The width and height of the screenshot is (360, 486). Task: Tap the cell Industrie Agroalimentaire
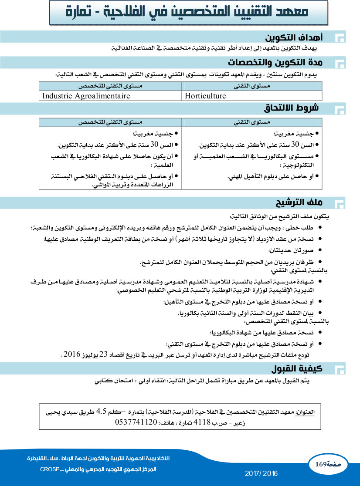[x=86, y=96]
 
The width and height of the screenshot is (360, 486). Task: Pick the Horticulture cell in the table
[x=206, y=96]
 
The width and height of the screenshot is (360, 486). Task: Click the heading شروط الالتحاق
[x=292, y=108]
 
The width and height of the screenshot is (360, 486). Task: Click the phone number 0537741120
[x=136, y=422]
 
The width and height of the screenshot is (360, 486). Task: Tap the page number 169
[x=321, y=464]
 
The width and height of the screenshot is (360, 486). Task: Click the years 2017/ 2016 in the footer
[x=262, y=473]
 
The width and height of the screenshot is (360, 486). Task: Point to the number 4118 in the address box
[x=202, y=422]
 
